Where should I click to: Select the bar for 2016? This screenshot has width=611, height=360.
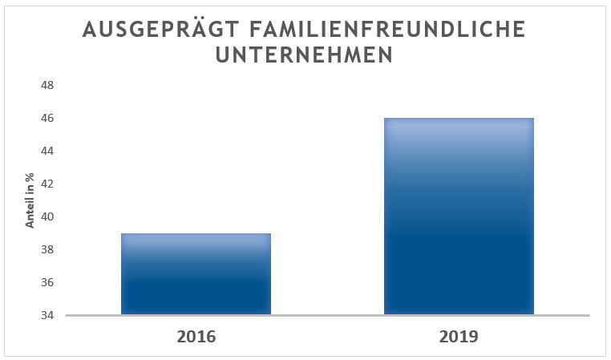196,274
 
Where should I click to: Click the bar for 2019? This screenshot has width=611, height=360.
459,216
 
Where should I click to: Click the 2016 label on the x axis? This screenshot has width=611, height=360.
196,336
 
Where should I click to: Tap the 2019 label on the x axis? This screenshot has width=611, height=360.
459,336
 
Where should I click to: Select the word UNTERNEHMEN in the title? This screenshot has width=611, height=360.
305,56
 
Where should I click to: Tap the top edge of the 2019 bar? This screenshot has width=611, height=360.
459,119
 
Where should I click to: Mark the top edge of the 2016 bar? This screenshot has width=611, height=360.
196,234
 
